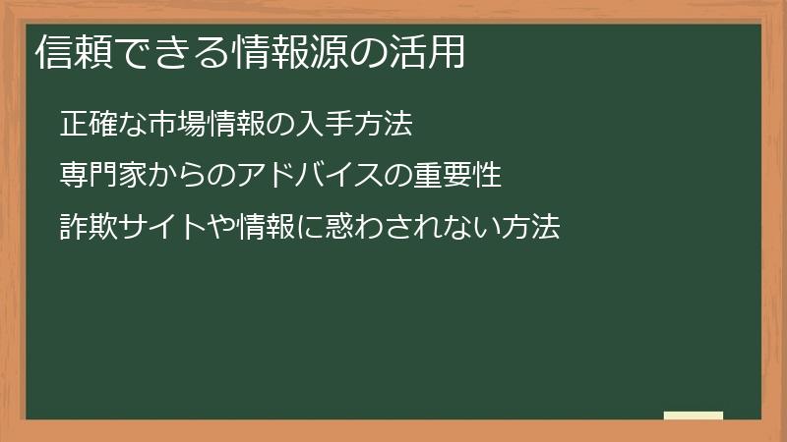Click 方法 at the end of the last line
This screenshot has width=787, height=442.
(x=532, y=229)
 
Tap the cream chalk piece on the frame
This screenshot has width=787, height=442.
(x=694, y=415)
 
